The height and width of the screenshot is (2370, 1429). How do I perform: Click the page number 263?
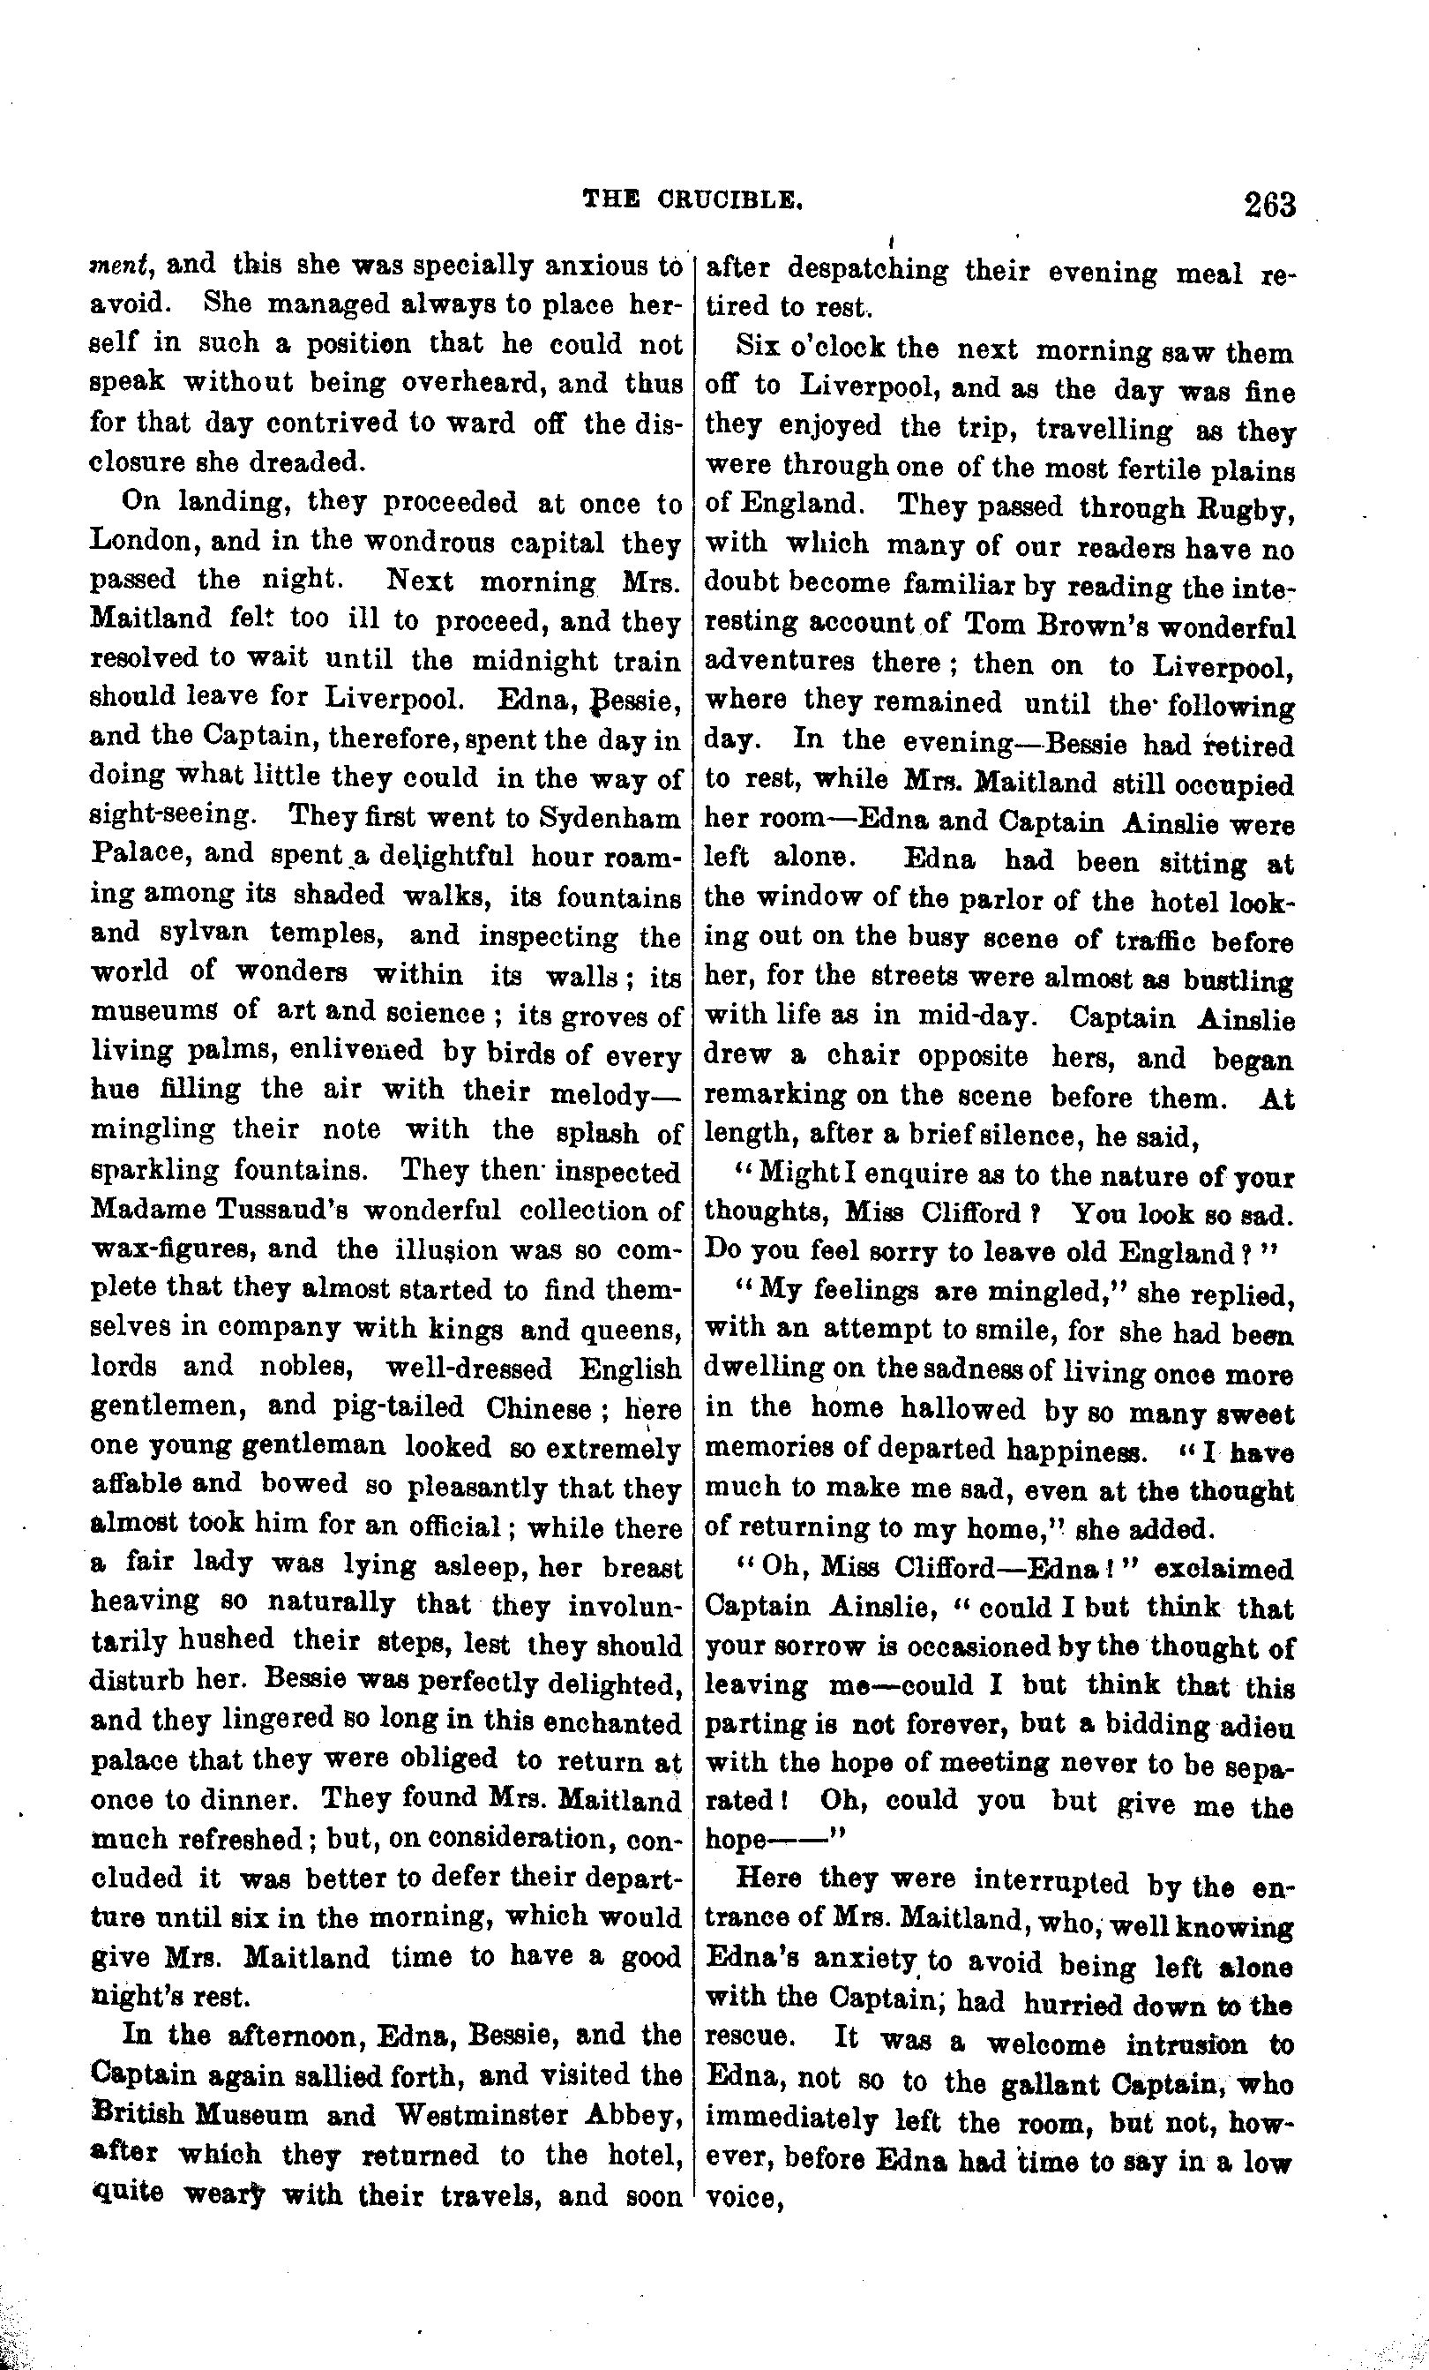pos(1268,205)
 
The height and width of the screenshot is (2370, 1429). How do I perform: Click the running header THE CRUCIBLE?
pos(692,199)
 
